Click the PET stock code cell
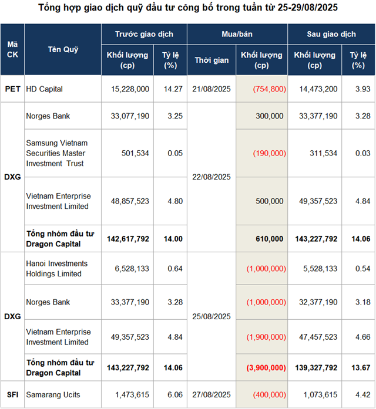pyautogui.click(x=12, y=89)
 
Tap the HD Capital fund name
pyautogui.click(x=44, y=89)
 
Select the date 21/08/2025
pyautogui.click(x=211, y=89)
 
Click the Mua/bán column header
pyautogui.click(x=237, y=35)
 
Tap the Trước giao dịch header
pyautogui.click(x=144, y=35)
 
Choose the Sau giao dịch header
pyautogui.click(x=331, y=35)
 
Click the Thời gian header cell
pyautogui.click(x=211, y=60)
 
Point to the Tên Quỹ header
pyautogui.click(x=63, y=50)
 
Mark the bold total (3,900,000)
pyautogui.click(x=261, y=368)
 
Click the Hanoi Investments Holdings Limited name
pyautogui.click(x=56, y=269)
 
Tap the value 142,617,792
pyautogui.click(x=128, y=239)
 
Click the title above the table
pyautogui.click(x=188, y=9)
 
